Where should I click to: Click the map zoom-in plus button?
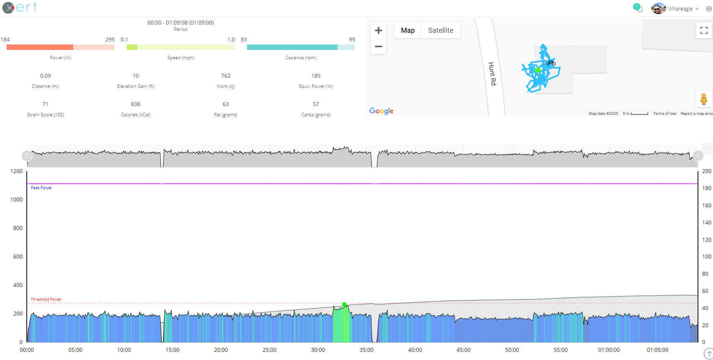point(378,30)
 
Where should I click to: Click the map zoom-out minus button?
point(378,46)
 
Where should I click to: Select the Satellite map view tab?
point(441,30)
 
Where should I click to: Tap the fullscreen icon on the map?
point(704,30)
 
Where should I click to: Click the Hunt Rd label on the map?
point(492,74)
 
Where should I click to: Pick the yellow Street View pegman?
point(704,99)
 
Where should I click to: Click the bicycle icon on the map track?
point(551,63)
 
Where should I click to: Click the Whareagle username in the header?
point(680,9)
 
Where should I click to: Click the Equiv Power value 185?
point(316,76)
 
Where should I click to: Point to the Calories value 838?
point(135,104)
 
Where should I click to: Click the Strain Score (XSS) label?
point(45,115)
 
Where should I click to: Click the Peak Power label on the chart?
point(41,188)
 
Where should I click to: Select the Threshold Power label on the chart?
point(46,299)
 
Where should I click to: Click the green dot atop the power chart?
point(344,304)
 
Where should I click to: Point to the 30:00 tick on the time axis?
point(318,350)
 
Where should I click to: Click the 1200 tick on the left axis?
point(16,171)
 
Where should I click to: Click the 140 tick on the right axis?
point(706,223)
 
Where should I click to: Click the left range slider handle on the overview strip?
point(27,156)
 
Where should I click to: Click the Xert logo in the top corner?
point(20,7)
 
